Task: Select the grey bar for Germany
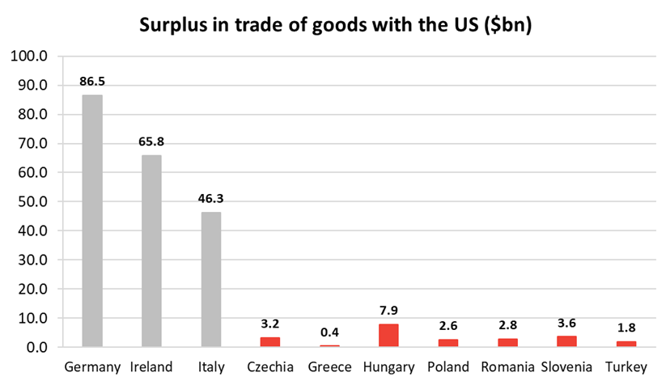click(92, 221)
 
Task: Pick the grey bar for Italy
click(210, 279)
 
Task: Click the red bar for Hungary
click(388, 336)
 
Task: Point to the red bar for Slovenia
click(566, 341)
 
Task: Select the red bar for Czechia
click(270, 342)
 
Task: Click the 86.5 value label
click(92, 82)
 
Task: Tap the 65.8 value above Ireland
click(151, 142)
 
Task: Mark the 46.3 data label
click(210, 198)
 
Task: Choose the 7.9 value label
click(388, 311)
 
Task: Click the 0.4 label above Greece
click(329, 332)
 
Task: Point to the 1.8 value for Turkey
click(626, 328)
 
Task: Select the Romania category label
click(507, 368)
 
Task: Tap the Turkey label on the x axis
click(626, 368)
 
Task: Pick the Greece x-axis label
click(329, 368)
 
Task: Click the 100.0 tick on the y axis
click(30, 57)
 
